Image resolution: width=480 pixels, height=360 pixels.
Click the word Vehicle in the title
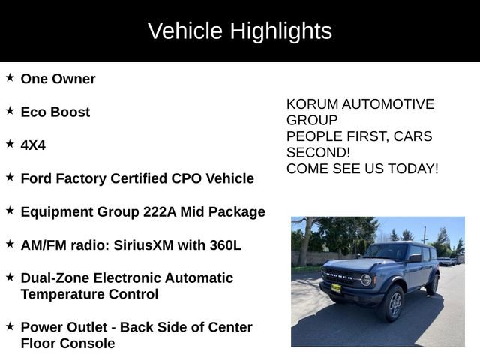point(185,31)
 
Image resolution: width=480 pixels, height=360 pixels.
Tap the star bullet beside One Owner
point(10,77)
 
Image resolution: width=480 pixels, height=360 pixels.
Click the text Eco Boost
point(55,112)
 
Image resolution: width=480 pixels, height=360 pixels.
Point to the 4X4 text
point(33,145)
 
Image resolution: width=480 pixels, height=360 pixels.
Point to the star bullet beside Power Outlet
point(10,326)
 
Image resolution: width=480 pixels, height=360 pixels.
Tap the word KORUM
point(312,104)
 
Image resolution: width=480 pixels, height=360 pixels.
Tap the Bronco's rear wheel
point(432,284)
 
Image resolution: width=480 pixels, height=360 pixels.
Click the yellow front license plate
point(336,287)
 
